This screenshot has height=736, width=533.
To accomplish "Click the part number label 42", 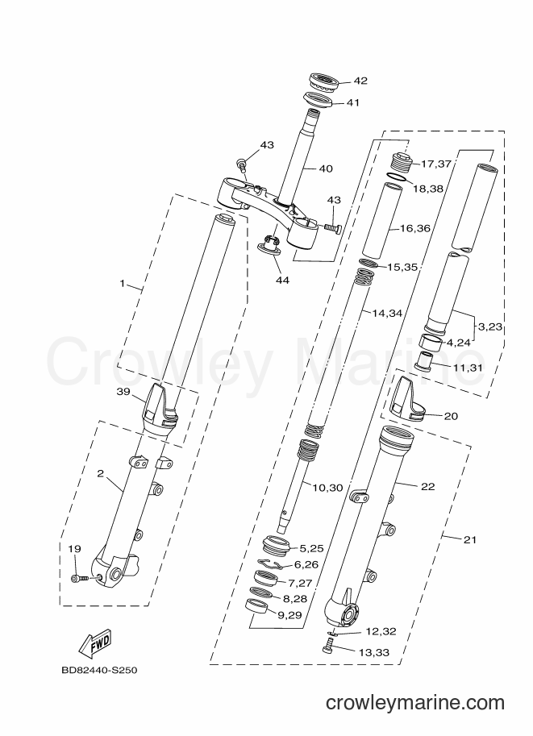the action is (x=360, y=81).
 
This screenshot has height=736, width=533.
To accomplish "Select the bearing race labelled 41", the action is (x=318, y=100).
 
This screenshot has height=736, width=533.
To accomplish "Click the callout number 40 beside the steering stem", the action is (x=326, y=168).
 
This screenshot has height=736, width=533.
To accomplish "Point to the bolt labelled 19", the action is (x=81, y=579).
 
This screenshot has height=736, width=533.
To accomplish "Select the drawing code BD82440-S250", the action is (x=99, y=670).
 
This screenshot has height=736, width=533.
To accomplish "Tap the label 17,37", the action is (x=435, y=164).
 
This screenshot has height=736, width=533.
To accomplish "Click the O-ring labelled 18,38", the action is (x=398, y=177).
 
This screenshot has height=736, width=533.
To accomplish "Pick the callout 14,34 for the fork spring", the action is (x=387, y=313).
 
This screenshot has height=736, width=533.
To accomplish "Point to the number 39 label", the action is (x=123, y=392).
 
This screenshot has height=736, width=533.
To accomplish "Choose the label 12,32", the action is (x=381, y=632).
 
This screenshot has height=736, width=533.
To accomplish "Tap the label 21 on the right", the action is (x=469, y=540).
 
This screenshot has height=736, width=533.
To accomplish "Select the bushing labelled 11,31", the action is (x=423, y=360).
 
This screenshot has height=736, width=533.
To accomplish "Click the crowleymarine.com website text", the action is (x=415, y=703).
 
